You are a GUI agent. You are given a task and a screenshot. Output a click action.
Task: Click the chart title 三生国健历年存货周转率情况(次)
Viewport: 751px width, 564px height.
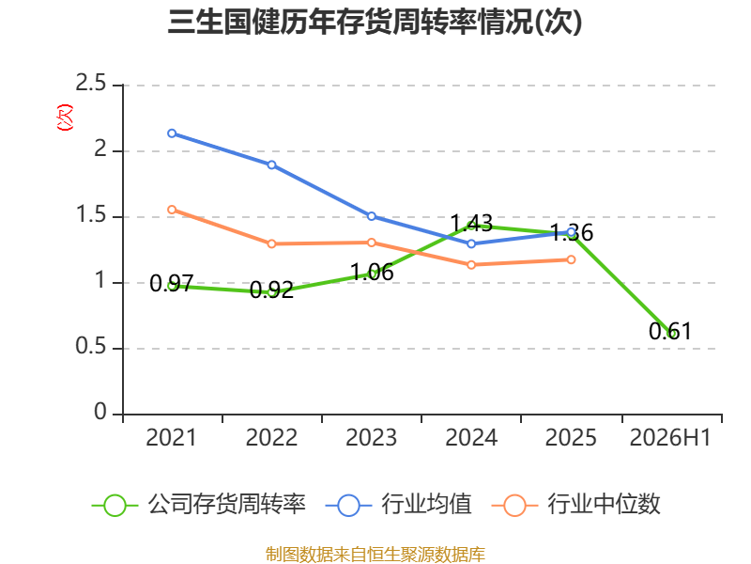(375, 22)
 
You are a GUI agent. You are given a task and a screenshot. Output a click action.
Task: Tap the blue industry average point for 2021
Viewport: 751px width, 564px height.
(172, 133)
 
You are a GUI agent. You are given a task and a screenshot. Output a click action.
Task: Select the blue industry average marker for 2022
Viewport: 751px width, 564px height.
(271, 165)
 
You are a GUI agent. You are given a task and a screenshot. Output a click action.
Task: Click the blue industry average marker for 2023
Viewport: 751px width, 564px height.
(372, 216)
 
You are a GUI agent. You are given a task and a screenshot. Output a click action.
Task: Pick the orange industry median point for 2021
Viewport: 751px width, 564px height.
(172, 210)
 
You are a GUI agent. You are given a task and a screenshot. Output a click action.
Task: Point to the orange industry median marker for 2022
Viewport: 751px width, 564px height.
(271, 243)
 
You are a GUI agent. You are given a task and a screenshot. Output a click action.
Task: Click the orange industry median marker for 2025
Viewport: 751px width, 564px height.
(571, 259)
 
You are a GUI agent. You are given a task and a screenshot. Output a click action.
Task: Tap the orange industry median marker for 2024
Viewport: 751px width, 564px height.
(471, 265)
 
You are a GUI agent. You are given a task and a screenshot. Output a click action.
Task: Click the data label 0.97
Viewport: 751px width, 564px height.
(172, 283)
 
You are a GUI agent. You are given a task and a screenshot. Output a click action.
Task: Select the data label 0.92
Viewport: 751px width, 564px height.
(271, 290)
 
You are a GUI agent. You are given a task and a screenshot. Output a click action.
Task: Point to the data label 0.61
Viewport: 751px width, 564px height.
(670, 331)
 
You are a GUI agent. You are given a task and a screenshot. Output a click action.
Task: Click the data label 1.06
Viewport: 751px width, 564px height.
(372, 272)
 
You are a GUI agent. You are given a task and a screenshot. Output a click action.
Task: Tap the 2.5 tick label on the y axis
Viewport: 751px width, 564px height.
(90, 83)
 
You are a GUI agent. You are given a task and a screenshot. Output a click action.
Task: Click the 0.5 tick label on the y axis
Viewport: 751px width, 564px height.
(90, 346)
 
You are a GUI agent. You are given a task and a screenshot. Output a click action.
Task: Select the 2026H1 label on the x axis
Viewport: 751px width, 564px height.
(670, 437)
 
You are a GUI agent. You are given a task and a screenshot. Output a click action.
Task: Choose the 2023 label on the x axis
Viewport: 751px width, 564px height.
(372, 437)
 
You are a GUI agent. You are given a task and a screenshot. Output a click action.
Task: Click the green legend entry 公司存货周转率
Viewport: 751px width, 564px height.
(199, 505)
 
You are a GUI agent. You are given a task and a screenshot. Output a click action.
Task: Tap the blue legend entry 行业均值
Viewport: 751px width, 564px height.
(398, 505)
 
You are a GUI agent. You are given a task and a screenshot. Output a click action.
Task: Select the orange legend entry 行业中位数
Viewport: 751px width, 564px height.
(576, 505)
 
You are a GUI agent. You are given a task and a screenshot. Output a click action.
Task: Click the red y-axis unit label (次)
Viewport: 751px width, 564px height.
(65, 117)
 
